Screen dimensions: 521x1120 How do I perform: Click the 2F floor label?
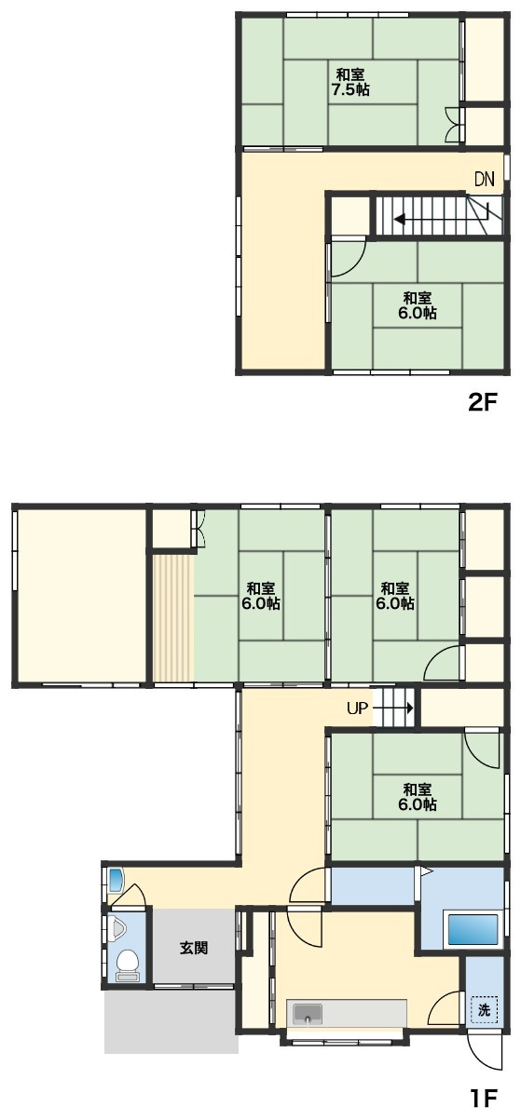click(x=482, y=402)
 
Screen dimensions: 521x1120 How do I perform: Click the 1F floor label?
click(x=483, y=1098)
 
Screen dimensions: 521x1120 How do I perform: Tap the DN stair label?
click(x=484, y=179)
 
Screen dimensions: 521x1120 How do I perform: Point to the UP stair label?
click(x=357, y=708)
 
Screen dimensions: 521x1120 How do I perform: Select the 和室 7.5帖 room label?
click(x=350, y=83)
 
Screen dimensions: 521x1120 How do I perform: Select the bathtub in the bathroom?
click(x=473, y=928)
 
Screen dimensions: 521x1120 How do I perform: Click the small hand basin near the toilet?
click(x=116, y=880)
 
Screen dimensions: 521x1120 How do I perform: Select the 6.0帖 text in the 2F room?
click(x=418, y=314)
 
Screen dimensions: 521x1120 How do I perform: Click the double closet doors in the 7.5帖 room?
click(x=454, y=125)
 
